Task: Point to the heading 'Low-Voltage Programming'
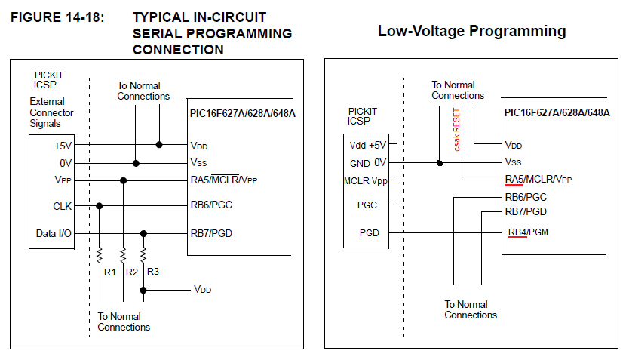click(x=471, y=31)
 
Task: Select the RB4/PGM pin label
click(x=528, y=232)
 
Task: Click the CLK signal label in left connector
click(x=63, y=205)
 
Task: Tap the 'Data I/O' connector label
click(x=54, y=234)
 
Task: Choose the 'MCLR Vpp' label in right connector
click(x=367, y=180)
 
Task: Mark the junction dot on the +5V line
click(x=158, y=144)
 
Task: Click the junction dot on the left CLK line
click(x=100, y=205)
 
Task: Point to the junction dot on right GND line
click(x=439, y=162)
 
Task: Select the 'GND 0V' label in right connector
click(x=369, y=162)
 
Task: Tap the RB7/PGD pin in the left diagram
click(x=212, y=233)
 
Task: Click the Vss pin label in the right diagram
click(x=513, y=162)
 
